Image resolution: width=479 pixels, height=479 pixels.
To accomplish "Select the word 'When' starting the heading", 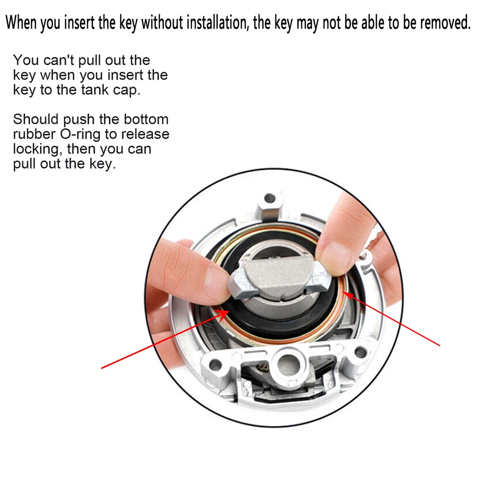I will coord(21,23).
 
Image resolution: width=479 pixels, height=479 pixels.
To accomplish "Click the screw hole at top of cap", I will coord(269,198).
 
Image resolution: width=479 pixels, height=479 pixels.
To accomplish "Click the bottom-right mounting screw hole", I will coord(360,353).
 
